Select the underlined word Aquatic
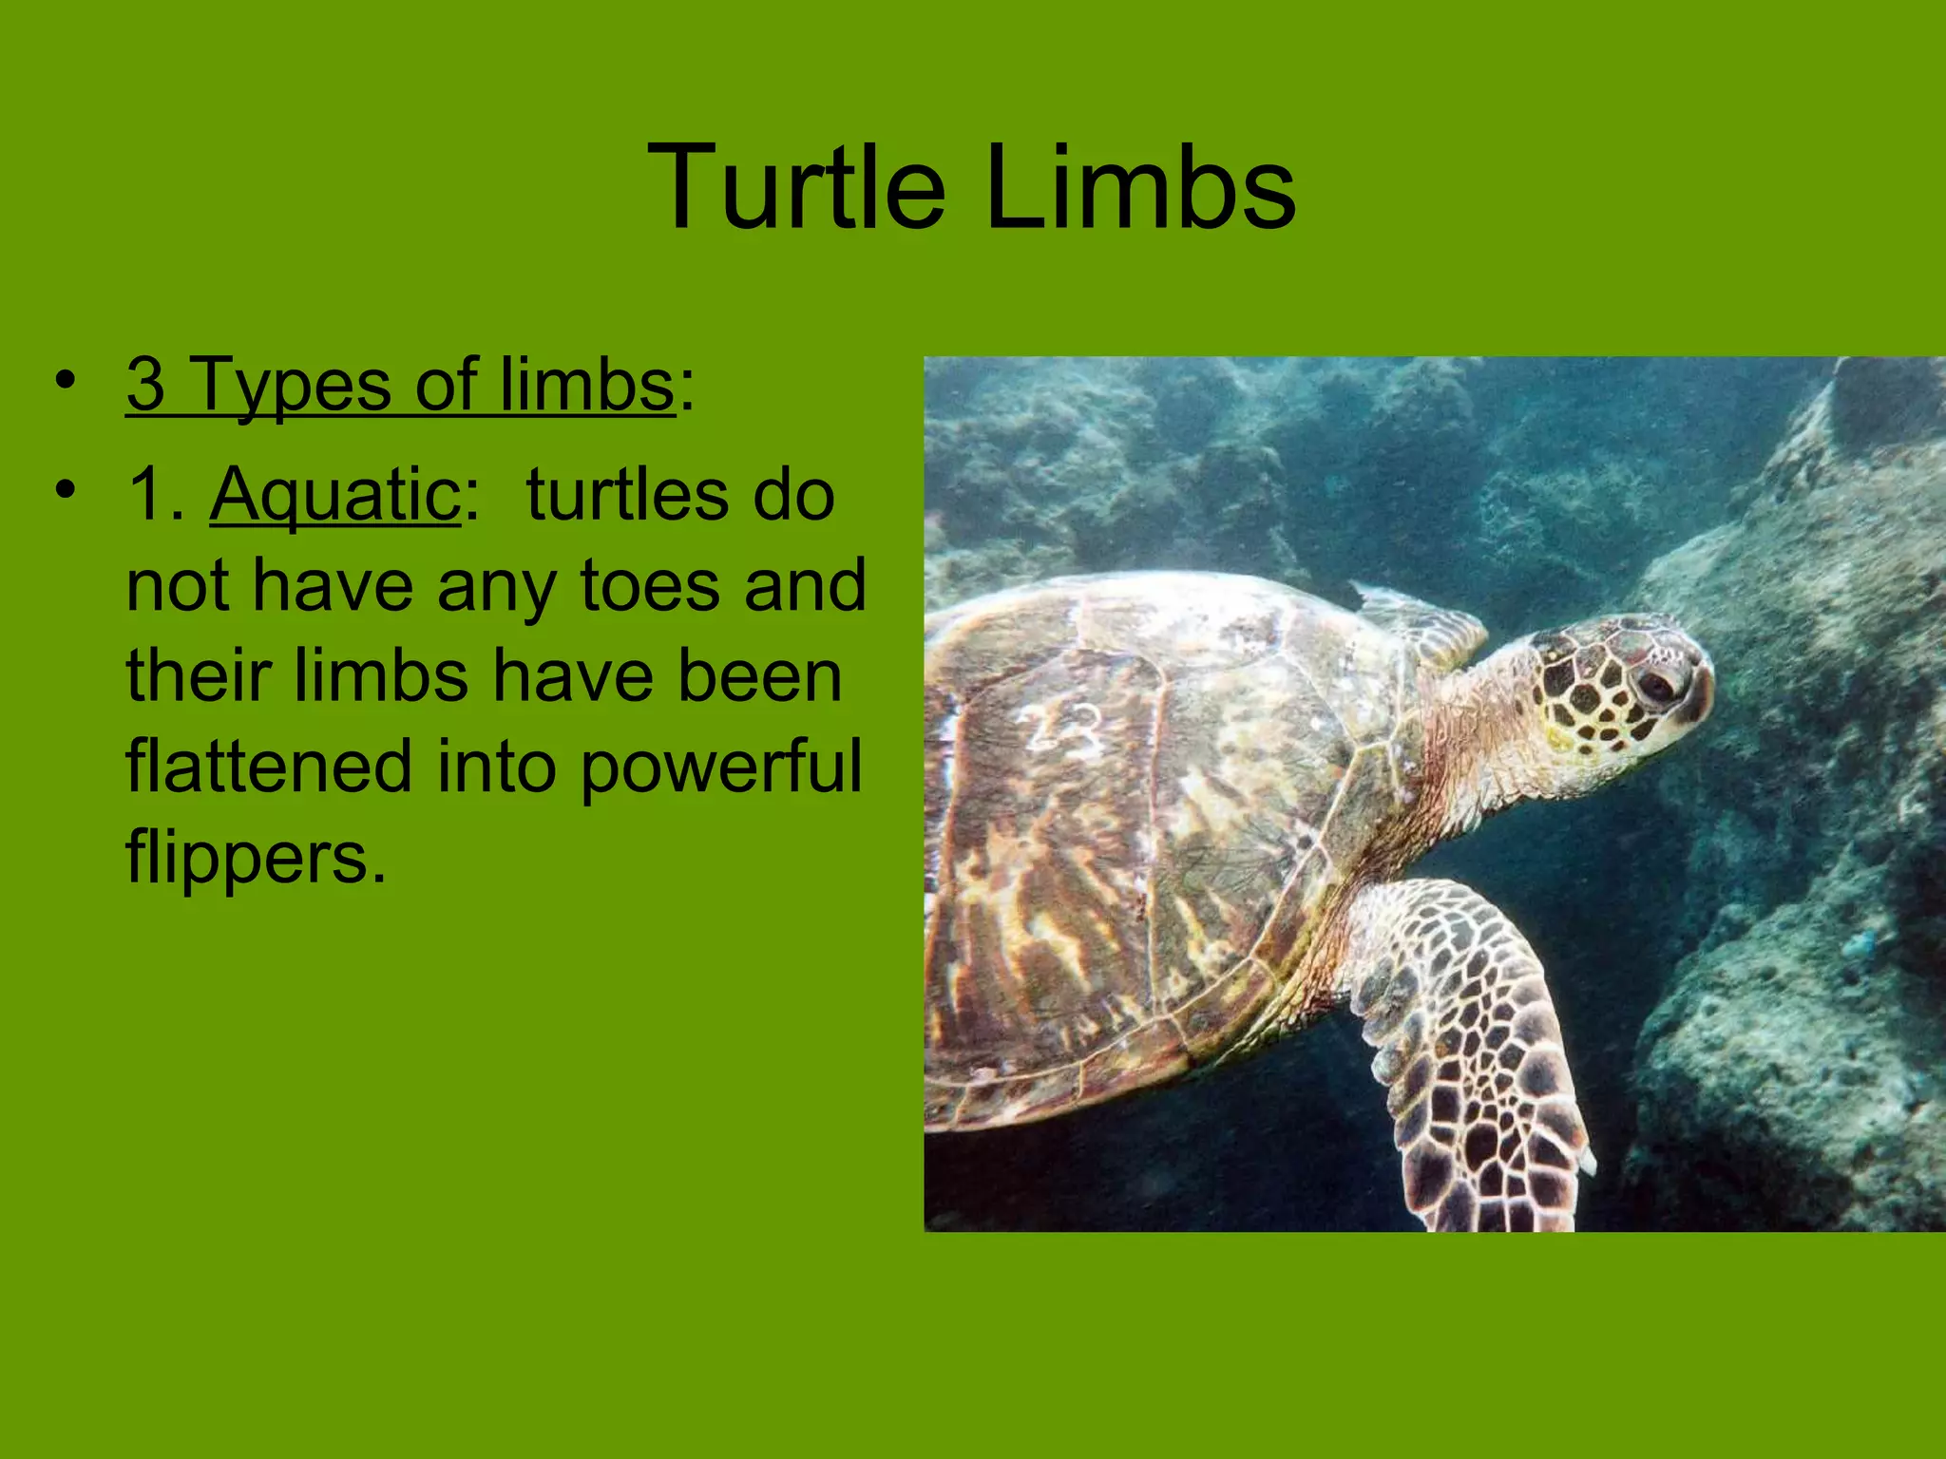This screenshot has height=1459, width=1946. click(335, 496)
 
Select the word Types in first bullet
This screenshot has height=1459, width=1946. click(292, 385)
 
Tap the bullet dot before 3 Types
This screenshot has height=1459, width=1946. click(65, 380)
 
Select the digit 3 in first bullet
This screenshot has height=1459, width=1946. click(145, 385)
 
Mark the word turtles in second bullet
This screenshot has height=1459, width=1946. click(627, 496)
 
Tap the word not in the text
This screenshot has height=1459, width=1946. click(179, 587)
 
